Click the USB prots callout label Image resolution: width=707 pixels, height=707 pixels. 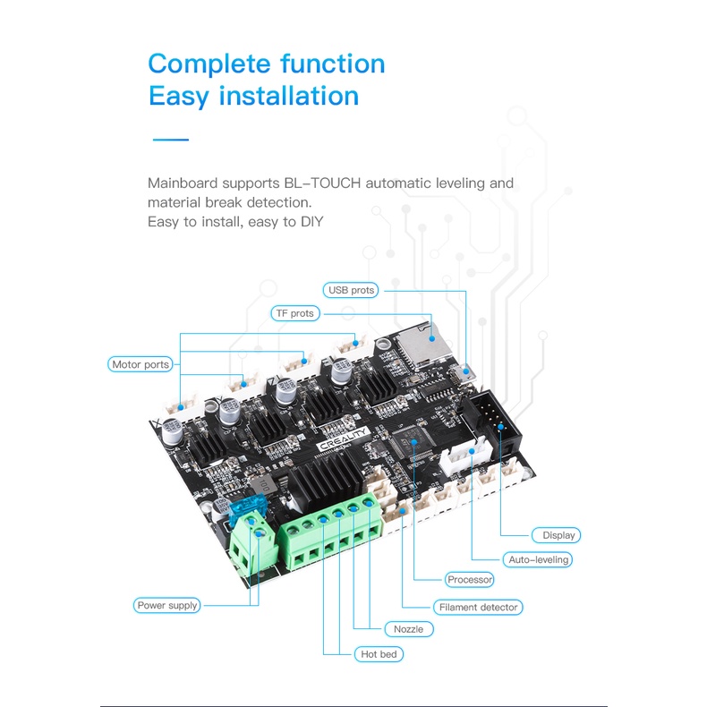pos(352,290)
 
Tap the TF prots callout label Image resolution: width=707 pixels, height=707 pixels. pos(294,313)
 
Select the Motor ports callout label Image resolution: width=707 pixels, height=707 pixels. pos(140,364)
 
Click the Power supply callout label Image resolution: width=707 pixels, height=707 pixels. pos(167,605)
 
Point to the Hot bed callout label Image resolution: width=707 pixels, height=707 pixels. pos(378,654)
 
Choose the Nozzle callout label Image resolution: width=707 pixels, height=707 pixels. pos(408,629)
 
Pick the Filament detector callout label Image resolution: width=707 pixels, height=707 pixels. pos(478,607)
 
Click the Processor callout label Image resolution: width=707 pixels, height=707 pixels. pos(470,580)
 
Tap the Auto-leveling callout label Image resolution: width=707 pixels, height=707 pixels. pos(538,559)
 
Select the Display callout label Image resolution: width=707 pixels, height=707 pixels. pos(558,535)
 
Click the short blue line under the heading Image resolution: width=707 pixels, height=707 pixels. pos(170,140)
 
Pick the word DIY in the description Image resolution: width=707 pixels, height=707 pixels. pos(310,221)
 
